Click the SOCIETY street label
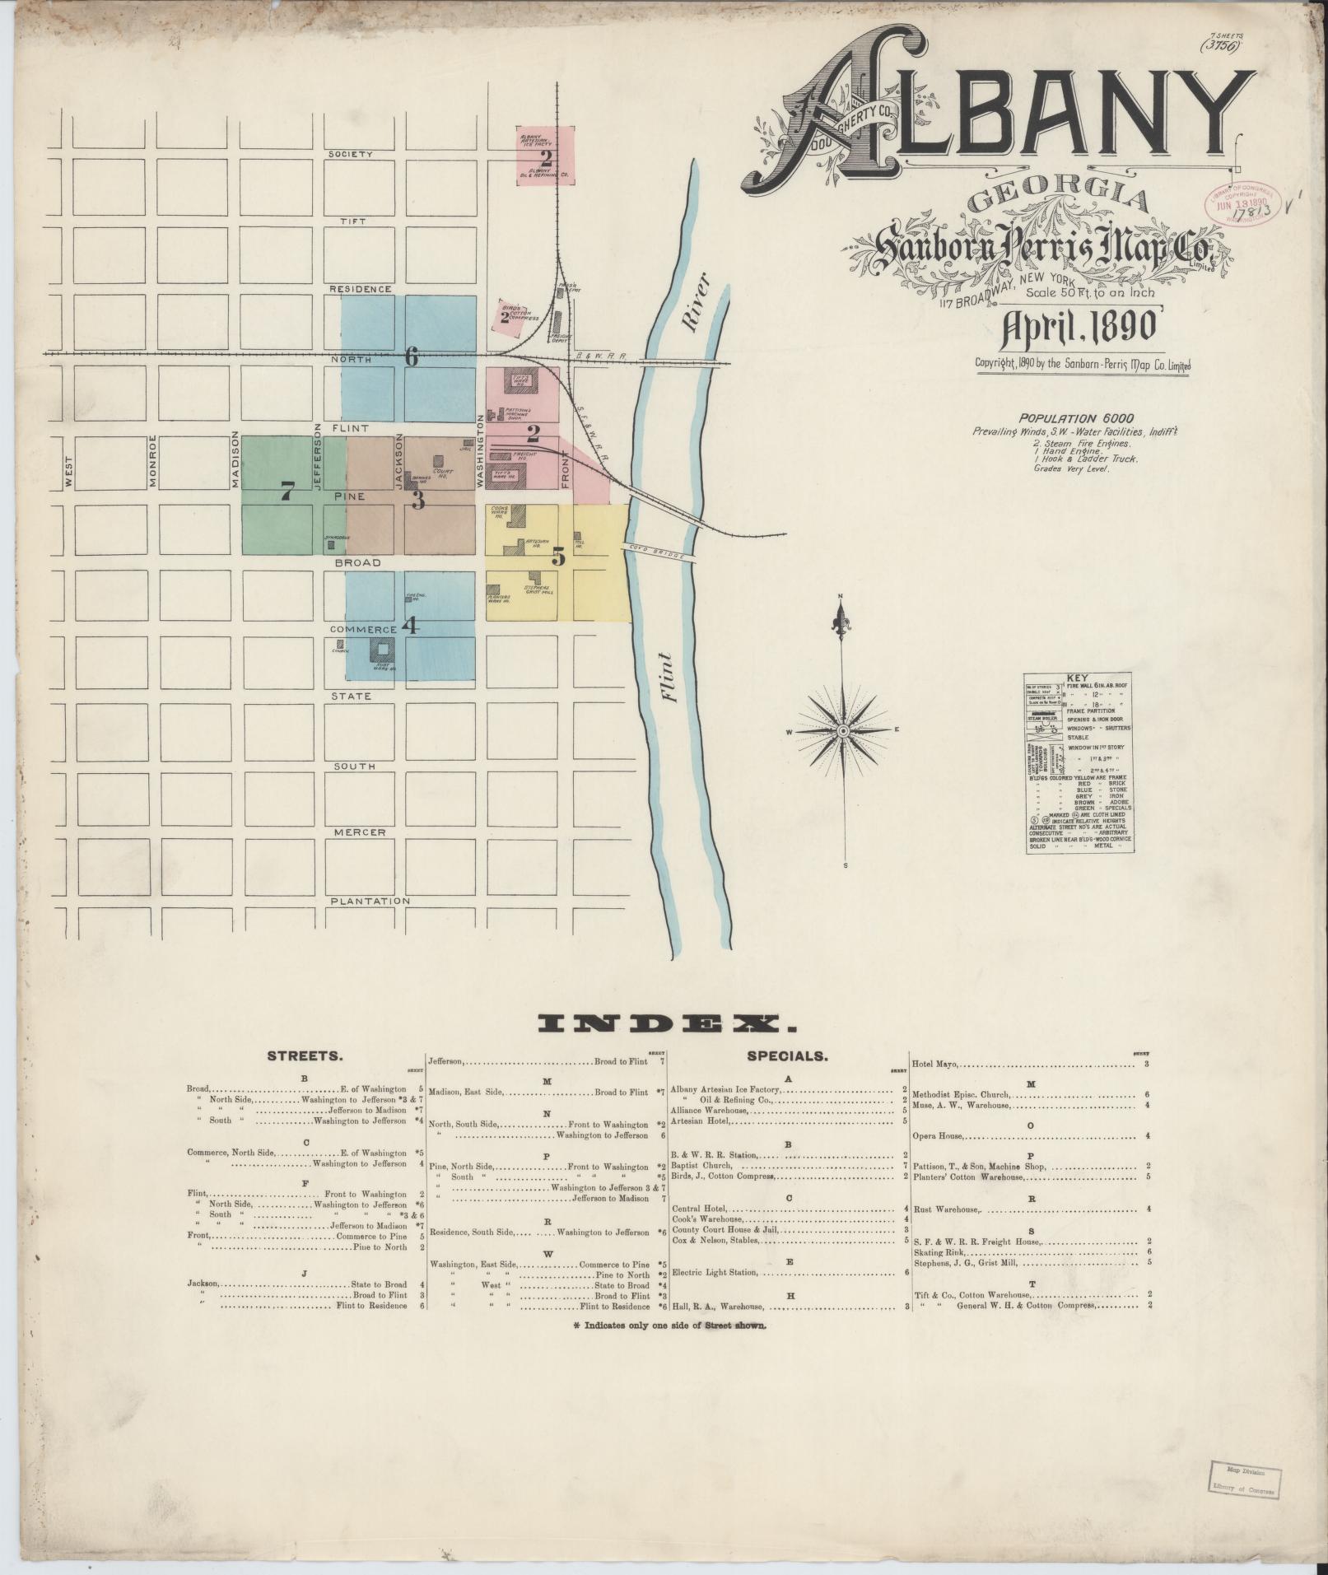point(351,155)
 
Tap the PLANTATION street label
point(370,902)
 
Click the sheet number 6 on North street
point(411,356)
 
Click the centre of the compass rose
point(842,731)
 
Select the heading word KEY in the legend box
point(1077,678)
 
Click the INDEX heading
point(667,1024)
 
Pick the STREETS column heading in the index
point(305,1055)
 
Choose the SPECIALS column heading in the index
point(788,1055)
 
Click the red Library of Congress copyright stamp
point(1240,202)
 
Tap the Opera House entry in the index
point(938,1136)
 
